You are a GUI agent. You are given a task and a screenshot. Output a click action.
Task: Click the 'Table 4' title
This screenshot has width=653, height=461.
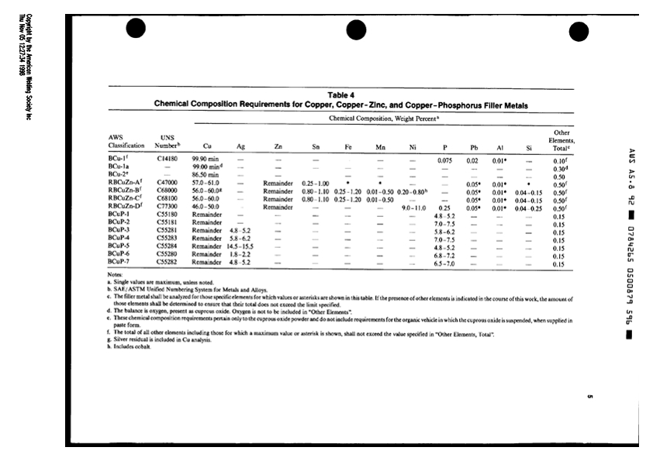tap(341, 95)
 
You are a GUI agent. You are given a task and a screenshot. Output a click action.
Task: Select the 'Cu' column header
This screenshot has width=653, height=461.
tap(206, 145)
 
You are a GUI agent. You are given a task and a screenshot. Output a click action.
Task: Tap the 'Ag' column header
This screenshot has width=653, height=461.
tap(240, 145)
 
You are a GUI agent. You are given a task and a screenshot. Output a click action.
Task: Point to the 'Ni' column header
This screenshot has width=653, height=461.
tap(413, 145)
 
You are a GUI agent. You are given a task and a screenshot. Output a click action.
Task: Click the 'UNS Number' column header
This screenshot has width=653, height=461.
tap(168, 141)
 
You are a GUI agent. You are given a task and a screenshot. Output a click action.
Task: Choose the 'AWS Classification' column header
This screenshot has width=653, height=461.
tap(126, 141)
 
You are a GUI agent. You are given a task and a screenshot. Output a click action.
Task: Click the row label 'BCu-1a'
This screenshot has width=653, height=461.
tap(119, 167)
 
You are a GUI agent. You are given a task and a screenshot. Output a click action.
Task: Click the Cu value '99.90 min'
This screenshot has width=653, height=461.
tap(206, 160)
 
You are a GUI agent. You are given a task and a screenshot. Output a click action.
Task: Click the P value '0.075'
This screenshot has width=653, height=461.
tap(444, 160)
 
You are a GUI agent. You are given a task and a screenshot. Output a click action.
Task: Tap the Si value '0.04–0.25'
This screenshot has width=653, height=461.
tap(529, 208)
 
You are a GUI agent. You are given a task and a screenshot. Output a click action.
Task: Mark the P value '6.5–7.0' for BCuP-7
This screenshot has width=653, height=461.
tap(444, 263)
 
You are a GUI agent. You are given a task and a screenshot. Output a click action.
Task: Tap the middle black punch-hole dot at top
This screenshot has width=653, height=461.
tap(356, 29)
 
